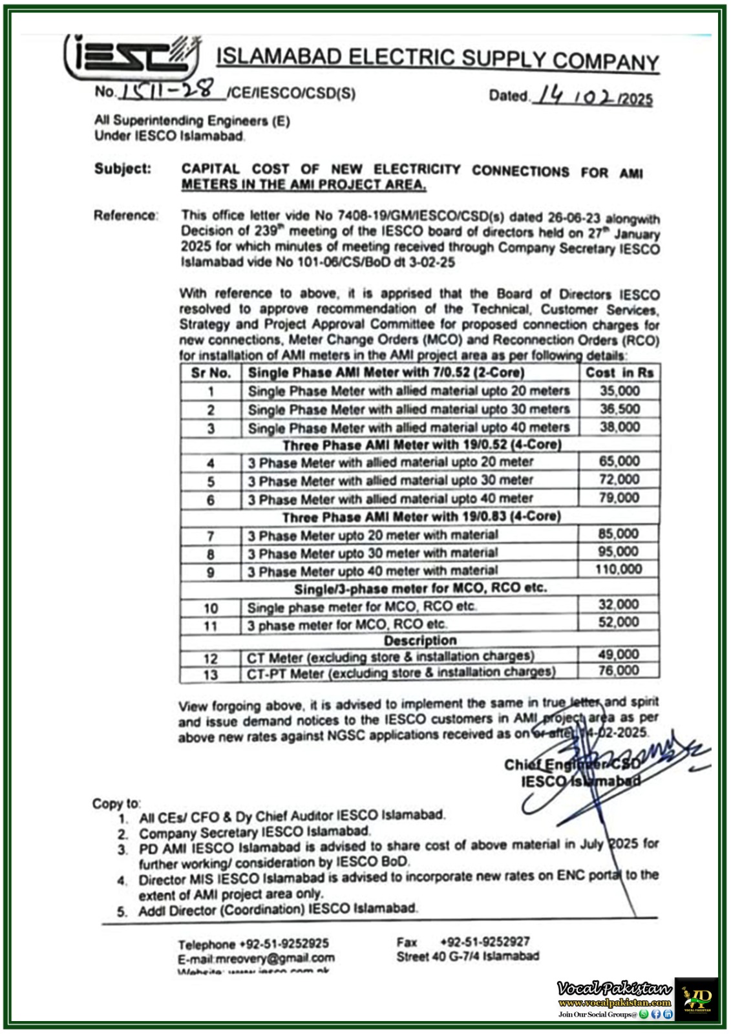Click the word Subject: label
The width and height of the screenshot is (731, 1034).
tap(123, 169)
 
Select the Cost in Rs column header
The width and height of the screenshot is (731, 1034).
tap(619, 373)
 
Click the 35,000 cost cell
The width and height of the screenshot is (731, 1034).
tap(619, 391)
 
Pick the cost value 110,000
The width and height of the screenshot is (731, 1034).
tap(619, 569)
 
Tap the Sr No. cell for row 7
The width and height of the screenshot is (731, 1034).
tap(211, 536)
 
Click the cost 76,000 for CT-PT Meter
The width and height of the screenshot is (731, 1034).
tap(618, 671)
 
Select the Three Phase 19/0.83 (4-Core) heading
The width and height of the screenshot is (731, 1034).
tap(421, 516)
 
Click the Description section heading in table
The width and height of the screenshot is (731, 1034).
tap(420, 640)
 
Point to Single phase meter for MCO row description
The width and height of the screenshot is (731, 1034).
tap(361, 607)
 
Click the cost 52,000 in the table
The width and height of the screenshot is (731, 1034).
tap(618, 622)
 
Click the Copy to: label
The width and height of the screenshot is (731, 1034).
tap(116, 803)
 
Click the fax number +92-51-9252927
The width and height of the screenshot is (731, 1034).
tap(485, 942)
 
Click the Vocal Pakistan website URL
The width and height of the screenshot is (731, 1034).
tap(614, 1003)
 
